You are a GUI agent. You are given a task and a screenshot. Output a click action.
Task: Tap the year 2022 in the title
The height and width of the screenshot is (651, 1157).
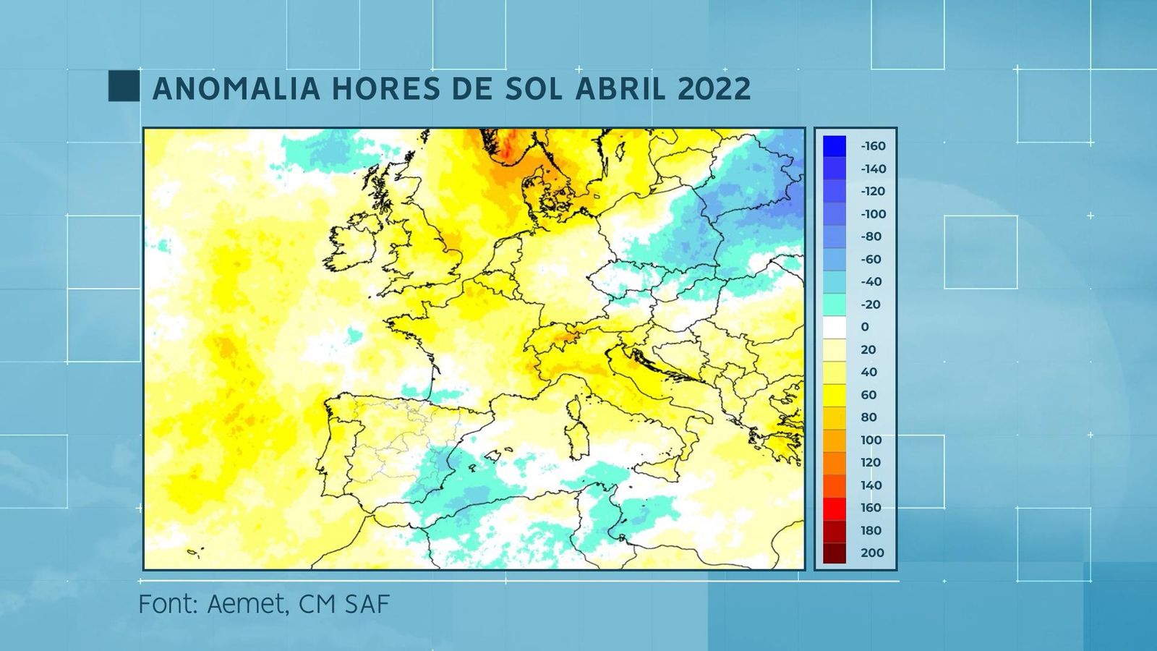point(714,89)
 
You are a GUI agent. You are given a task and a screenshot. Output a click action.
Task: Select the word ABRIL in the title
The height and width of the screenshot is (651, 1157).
point(620,89)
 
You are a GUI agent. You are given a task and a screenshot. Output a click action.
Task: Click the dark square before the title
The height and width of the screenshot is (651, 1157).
point(124,86)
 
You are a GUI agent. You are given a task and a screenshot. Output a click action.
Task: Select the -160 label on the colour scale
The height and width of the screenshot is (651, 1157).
point(873,146)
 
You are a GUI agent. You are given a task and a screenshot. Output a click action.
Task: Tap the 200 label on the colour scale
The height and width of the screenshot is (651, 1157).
point(872,553)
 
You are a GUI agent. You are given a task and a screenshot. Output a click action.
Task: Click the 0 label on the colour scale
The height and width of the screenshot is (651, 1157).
point(865,327)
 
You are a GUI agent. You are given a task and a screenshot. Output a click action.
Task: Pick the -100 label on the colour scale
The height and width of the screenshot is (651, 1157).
point(873,214)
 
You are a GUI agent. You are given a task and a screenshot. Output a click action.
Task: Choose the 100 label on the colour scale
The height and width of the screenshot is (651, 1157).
point(871,440)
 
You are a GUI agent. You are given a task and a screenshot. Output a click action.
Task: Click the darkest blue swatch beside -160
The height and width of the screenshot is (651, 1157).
point(834,146)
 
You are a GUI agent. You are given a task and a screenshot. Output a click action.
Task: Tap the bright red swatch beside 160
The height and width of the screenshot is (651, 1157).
point(834,508)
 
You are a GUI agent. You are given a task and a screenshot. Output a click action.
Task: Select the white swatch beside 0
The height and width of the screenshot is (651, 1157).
point(834,327)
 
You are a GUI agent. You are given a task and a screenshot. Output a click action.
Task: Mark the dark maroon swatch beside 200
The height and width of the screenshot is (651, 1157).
point(834,553)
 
